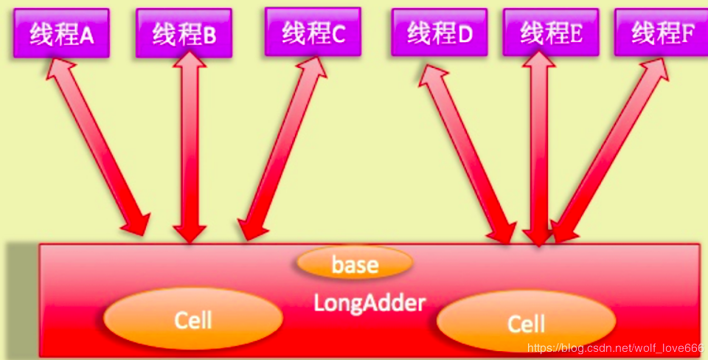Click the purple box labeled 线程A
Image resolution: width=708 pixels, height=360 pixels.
(61, 33)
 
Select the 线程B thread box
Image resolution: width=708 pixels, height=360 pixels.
(184, 33)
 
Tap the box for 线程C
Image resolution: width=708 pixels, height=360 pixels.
(313, 32)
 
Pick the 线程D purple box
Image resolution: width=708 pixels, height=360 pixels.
(440, 32)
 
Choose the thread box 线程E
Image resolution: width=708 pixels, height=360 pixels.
(551, 32)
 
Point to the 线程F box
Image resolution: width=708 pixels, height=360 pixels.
(662, 32)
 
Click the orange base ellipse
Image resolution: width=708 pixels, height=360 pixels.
(355, 263)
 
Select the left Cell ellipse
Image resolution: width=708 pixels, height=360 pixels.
(193, 319)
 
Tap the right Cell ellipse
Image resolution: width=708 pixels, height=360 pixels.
(526, 323)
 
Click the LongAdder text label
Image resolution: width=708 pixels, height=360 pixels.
(370, 302)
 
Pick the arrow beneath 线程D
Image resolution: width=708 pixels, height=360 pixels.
(468, 151)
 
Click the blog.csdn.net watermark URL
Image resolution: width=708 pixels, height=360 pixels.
(619, 347)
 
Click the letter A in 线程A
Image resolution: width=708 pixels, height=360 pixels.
(86, 35)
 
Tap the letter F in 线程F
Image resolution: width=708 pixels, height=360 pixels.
(688, 33)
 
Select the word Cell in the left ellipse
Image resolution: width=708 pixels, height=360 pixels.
(193, 319)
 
